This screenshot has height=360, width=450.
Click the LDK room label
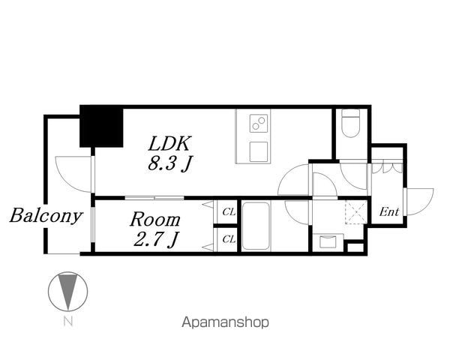tap(169, 143)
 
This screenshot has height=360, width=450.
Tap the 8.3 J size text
tap(170, 163)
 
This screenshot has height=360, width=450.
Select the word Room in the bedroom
tap(155, 220)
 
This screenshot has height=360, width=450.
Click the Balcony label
tap(46, 215)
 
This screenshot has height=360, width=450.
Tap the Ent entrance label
tap(388, 211)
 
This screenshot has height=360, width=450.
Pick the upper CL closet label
tap(229, 212)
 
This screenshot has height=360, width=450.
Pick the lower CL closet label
tap(229, 239)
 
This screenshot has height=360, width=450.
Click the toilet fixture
tap(350, 123)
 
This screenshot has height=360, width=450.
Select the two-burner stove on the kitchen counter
tap(259, 123)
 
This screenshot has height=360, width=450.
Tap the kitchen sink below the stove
tap(259, 151)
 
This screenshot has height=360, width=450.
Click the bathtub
tap(256, 226)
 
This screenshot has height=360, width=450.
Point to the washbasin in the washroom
tap(328, 241)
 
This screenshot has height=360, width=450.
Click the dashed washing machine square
tap(355, 212)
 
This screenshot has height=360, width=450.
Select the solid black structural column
tap(101, 126)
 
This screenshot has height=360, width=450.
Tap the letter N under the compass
tap(68, 321)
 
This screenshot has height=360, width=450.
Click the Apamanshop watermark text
tap(226, 322)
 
